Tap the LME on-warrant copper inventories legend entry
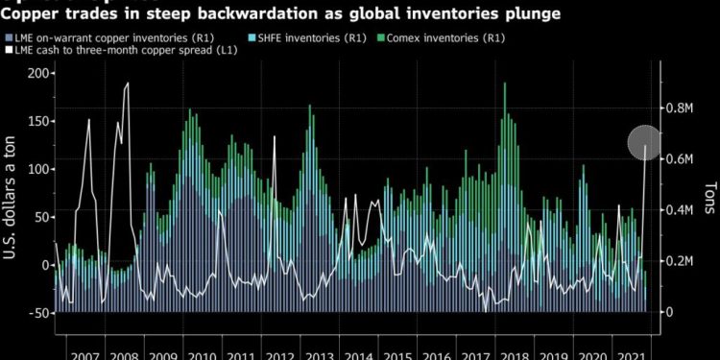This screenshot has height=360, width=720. (121, 37)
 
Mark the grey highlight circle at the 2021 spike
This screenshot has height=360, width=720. (644, 144)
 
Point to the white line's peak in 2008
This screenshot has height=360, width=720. (128, 84)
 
